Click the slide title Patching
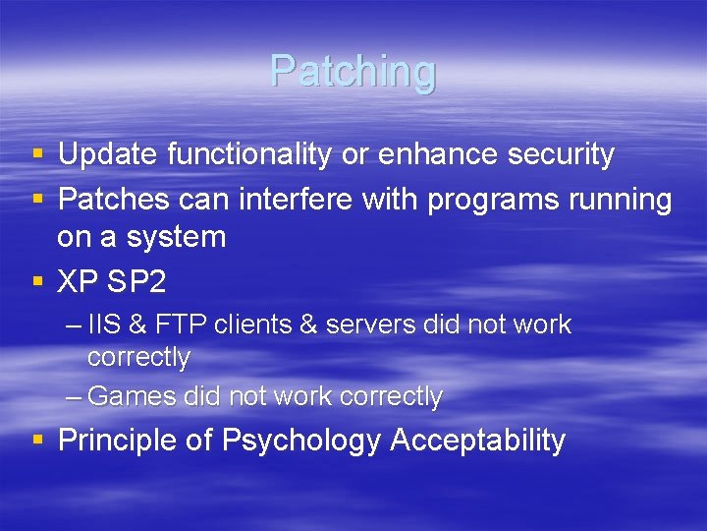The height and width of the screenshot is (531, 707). coord(353,72)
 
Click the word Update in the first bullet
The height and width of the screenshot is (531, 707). coord(108,154)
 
